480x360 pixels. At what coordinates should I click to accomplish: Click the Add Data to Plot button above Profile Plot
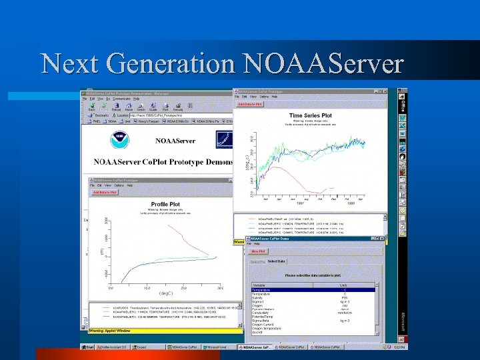click(x=105, y=192)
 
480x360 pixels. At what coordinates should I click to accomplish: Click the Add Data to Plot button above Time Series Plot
click(x=250, y=104)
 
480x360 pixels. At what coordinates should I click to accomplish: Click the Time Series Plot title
click(x=310, y=115)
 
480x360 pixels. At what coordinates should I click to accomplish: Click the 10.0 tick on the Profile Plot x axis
click(x=147, y=287)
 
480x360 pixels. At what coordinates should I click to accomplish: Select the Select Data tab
click(x=277, y=261)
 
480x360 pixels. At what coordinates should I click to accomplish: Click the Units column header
click(x=344, y=285)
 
